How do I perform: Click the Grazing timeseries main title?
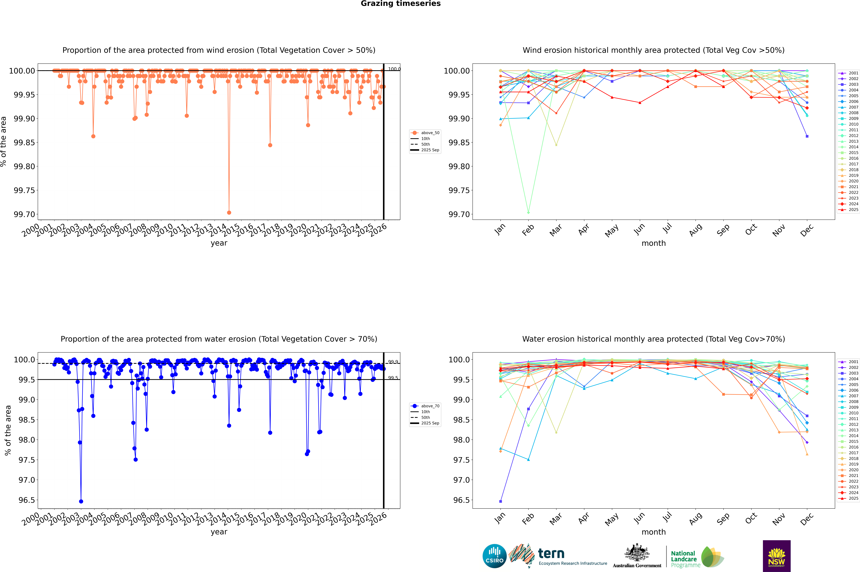401,4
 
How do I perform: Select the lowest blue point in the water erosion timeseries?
81,501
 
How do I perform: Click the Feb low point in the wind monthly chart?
528,212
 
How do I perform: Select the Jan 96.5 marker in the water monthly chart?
501,501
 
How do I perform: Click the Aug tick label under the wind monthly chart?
695,230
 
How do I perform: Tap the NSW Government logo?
776,556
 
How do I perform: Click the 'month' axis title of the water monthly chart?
654,532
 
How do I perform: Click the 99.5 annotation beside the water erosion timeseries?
393,378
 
